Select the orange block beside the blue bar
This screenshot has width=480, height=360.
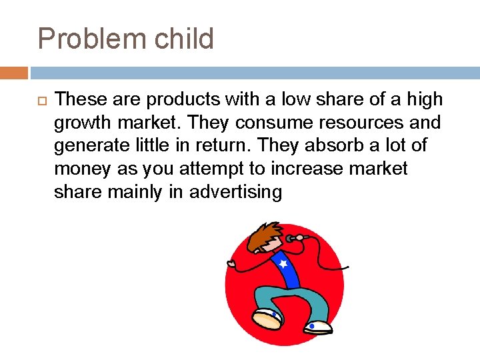click(x=14, y=73)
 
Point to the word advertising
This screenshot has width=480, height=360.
click(x=236, y=193)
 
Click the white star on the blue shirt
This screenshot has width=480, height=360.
click(x=284, y=264)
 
